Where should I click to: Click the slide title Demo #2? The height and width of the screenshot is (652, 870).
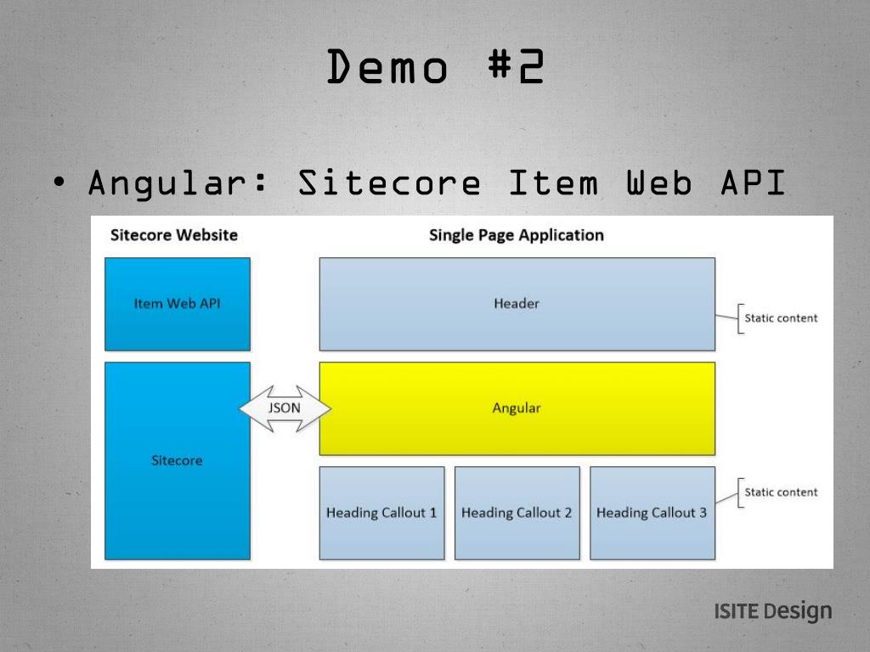pos(435,68)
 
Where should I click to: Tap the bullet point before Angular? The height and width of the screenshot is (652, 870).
pos(58,183)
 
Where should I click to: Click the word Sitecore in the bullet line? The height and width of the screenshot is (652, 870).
pos(389,183)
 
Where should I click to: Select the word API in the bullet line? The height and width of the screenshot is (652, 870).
pos(753,183)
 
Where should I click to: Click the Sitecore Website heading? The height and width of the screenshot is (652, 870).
pos(174,235)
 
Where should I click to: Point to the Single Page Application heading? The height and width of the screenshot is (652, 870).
pos(517,235)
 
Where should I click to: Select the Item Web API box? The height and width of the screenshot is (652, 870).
pos(178,304)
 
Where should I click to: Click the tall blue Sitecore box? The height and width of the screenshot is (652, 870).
pos(178,461)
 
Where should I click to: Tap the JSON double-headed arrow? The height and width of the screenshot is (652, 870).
pos(285,408)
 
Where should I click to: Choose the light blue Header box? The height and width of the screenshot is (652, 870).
pos(517,304)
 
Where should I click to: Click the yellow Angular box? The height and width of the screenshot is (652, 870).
pos(517,408)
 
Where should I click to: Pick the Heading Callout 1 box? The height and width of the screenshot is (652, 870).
pos(381,513)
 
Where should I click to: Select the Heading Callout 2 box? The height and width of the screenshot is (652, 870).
pos(517,513)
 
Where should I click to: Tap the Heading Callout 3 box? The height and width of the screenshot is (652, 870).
pos(652,513)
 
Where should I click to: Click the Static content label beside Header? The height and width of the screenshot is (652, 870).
pos(781,318)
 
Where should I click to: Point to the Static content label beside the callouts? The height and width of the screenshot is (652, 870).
pos(781,492)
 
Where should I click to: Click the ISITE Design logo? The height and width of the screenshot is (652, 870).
pos(772,611)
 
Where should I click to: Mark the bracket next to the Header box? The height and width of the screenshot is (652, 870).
pos(738,318)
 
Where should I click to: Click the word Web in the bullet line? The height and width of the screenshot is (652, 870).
pos(659,183)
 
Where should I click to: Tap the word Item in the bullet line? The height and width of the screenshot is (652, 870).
pos(553,183)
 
